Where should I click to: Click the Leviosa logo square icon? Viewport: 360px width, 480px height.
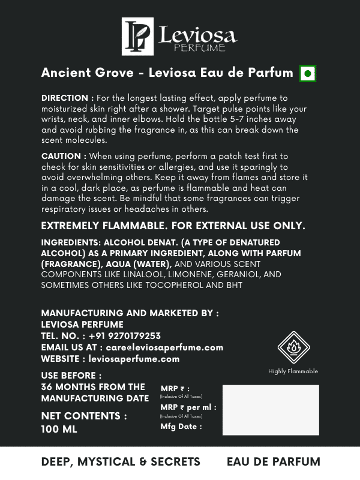(138, 36)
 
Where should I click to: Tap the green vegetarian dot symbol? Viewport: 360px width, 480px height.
(308, 74)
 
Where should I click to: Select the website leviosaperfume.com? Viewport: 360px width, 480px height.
(134, 359)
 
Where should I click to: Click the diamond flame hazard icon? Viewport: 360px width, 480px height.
(293, 347)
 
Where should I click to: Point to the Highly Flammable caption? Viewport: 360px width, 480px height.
(293, 371)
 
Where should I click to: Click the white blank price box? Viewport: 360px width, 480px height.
(271, 410)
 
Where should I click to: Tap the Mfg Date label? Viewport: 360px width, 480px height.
(181, 427)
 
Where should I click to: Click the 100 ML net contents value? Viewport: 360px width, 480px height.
(59, 430)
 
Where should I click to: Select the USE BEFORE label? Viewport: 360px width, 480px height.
(68, 376)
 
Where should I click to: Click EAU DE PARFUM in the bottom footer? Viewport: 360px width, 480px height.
(274, 462)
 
